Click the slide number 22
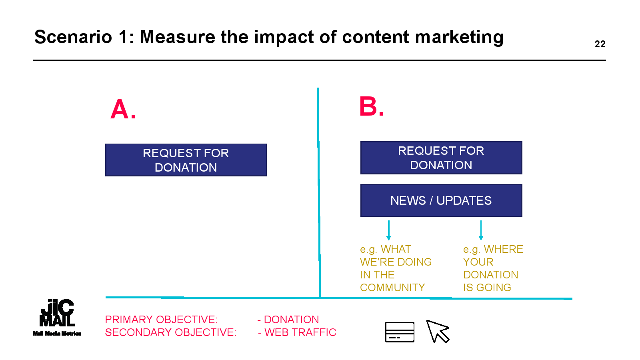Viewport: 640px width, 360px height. coord(600,44)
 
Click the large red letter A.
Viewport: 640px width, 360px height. coord(120,109)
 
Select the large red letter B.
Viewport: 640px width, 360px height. coord(368,106)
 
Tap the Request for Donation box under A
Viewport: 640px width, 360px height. coord(186,160)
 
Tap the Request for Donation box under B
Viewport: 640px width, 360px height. coord(441,158)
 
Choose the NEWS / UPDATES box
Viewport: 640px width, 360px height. coord(441,200)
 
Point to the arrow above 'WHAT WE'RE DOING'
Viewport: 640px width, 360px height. coord(388,230)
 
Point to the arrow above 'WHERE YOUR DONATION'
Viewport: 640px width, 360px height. coord(481,230)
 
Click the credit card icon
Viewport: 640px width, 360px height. coord(400,332)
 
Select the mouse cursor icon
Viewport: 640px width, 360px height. coord(438,331)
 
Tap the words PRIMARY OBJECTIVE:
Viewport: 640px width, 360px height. coord(161,320)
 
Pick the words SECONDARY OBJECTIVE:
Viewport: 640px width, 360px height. coord(170,332)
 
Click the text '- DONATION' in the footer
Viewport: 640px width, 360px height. coord(288,320)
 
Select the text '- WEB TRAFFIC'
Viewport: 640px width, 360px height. coord(297,332)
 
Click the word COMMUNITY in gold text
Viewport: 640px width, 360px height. coord(392,288)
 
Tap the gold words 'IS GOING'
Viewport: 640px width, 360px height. coord(487,288)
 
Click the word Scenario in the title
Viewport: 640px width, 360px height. coord(73,37)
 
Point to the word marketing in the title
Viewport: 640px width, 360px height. coord(459,38)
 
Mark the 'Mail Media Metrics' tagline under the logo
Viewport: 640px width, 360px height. coord(57,334)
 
